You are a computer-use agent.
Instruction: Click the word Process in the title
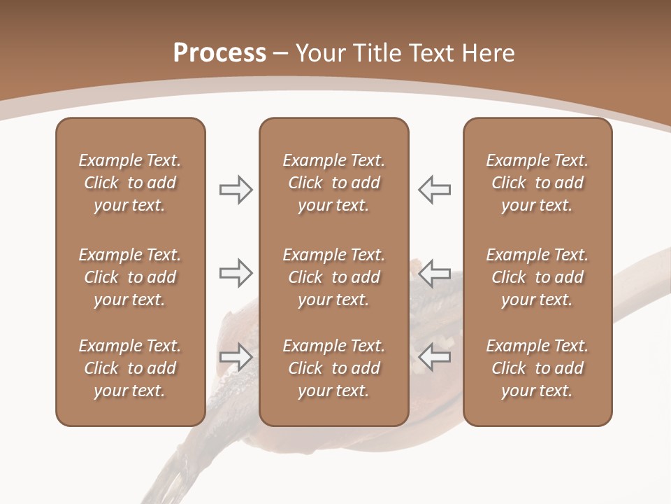point(219,53)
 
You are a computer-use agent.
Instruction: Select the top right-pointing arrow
point(236,190)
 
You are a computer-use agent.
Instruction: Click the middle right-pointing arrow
point(236,273)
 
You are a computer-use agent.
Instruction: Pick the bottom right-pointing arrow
point(236,357)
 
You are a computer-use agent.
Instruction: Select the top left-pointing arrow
point(435,190)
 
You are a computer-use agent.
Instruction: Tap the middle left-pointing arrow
point(435,273)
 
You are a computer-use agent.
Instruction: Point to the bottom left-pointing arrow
point(435,357)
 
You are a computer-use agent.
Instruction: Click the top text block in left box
point(130,183)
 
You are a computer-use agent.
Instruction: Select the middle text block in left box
point(130,277)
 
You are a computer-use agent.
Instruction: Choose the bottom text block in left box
point(130,368)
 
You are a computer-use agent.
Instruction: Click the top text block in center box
point(333,183)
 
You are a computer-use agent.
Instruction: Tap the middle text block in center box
point(333,277)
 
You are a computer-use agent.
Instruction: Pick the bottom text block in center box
point(333,368)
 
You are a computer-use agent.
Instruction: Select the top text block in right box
point(537,183)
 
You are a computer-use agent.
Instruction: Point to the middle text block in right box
point(537,277)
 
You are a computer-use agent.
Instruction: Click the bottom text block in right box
point(537,368)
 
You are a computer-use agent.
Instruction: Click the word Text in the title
point(431,53)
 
